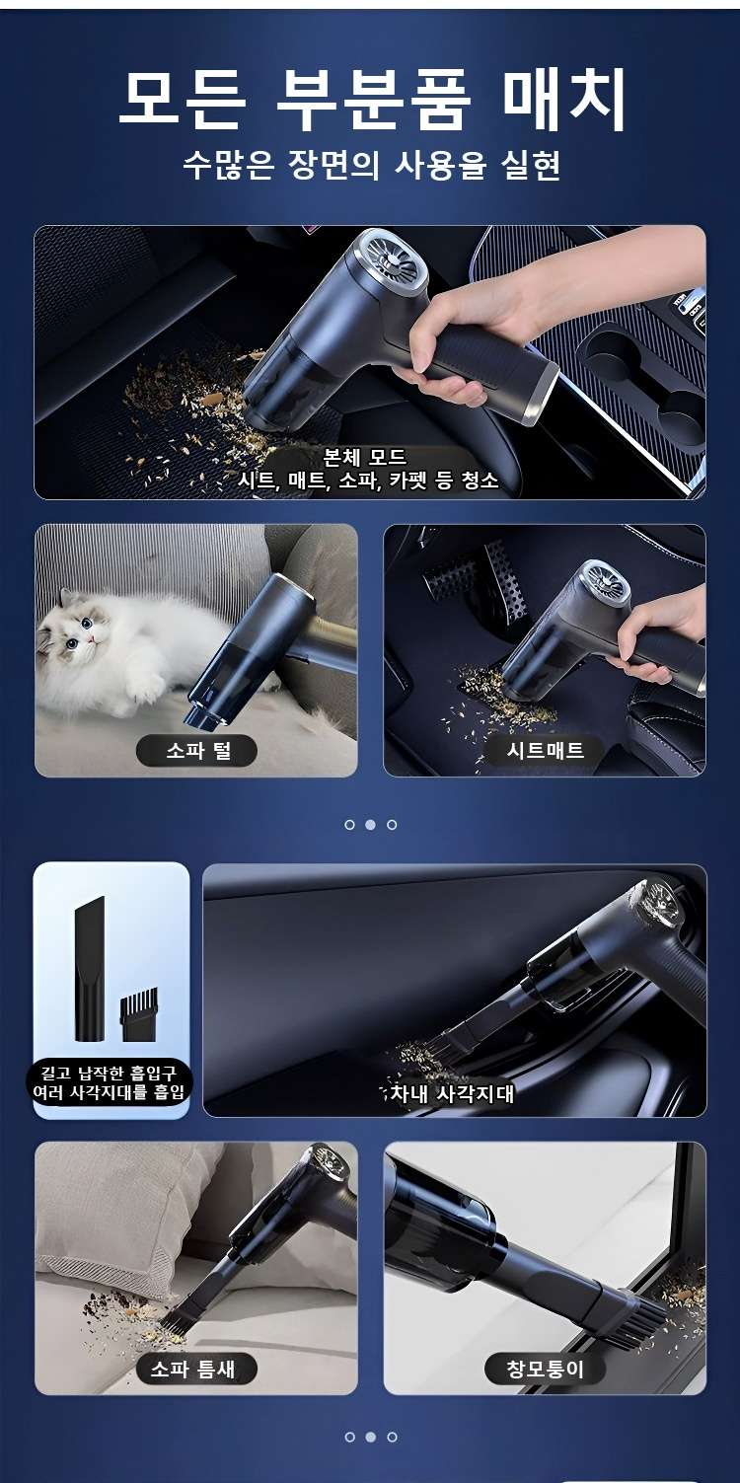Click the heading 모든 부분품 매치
point(371,99)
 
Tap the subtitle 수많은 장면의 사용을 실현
point(371,165)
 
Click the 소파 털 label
point(196,750)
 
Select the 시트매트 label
point(545,750)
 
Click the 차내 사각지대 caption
point(451,1093)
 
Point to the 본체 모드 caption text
point(364,457)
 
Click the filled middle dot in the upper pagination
point(371,824)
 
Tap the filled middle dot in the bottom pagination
point(371,1437)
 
